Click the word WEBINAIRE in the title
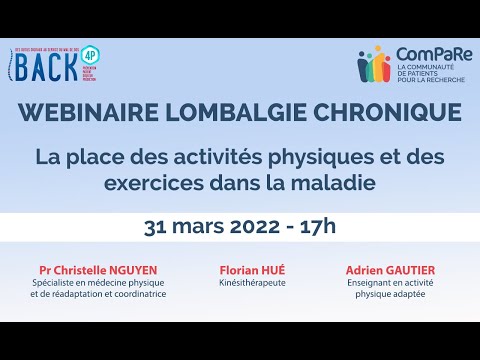[x=96, y=118]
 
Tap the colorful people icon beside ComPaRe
[x=375, y=64]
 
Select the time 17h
[x=320, y=226]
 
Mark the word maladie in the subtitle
[x=326, y=183]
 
